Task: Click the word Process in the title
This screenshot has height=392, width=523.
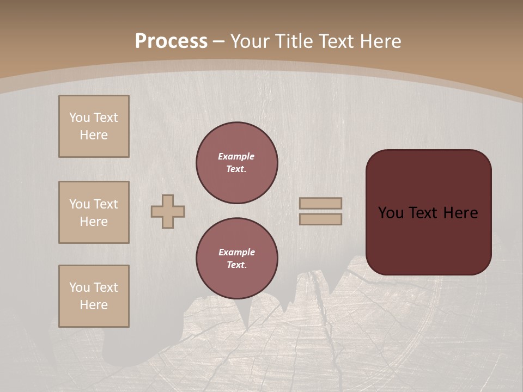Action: (x=171, y=41)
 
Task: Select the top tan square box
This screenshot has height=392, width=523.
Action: (x=94, y=126)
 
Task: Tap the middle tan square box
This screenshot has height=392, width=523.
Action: (x=94, y=212)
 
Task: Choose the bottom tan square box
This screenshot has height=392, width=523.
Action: (x=94, y=296)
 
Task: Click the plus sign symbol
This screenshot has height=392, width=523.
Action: (x=168, y=211)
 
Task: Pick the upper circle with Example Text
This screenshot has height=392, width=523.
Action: (x=237, y=163)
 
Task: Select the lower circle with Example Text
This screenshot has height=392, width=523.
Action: (x=237, y=259)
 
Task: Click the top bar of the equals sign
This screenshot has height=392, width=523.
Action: (x=321, y=203)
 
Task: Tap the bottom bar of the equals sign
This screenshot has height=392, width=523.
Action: (x=321, y=219)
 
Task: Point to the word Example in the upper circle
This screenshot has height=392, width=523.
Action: (x=236, y=156)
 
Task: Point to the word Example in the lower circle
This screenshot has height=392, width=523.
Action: (x=236, y=252)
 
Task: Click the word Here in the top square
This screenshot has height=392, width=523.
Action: (x=94, y=135)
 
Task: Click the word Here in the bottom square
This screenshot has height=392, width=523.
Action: (x=94, y=305)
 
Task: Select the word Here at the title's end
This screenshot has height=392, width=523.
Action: (x=381, y=41)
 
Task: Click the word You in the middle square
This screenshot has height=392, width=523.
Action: (x=78, y=204)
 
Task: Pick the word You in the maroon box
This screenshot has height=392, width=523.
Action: (x=391, y=213)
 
